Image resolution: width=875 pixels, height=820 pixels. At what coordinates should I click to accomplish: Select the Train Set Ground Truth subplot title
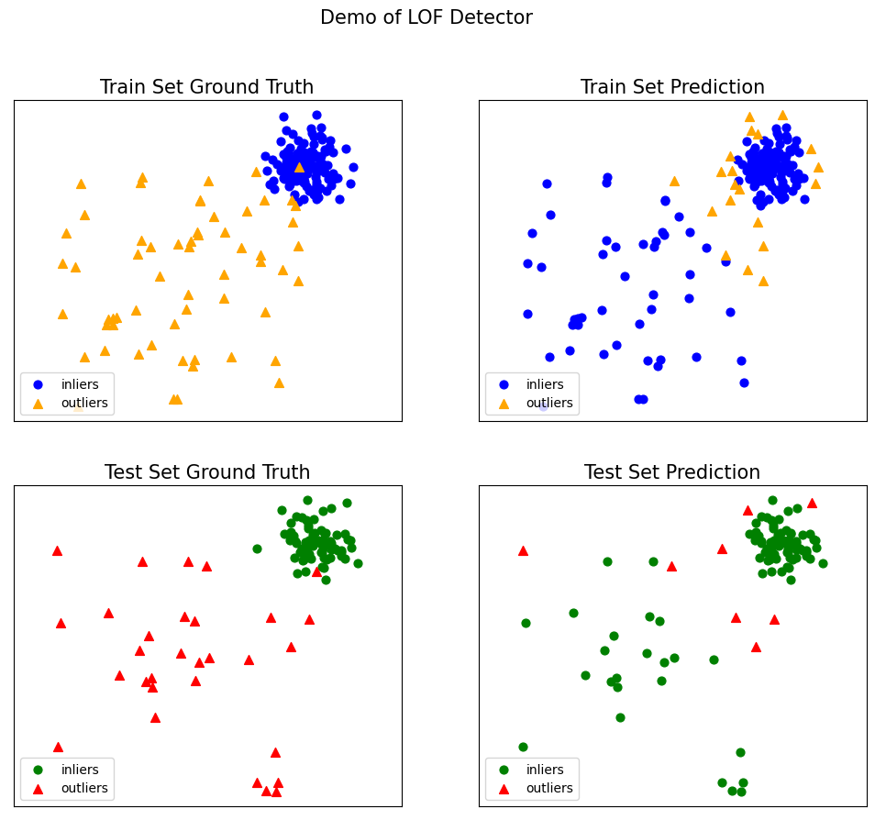(206, 87)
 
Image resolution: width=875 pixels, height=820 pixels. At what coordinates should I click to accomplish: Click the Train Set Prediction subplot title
(672, 87)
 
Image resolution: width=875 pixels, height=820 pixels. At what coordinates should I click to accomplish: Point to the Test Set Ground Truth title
(207, 472)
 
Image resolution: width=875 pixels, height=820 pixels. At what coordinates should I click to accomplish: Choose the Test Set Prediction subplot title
(672, 472)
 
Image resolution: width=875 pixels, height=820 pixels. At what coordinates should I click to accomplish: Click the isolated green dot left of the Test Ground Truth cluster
(257, 549)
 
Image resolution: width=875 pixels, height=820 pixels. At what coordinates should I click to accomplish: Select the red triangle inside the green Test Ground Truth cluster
(316, 571)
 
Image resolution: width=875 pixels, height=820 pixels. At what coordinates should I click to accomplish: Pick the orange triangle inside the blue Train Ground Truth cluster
(299, 167)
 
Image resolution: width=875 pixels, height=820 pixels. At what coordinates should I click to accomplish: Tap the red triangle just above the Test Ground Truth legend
(58, 747)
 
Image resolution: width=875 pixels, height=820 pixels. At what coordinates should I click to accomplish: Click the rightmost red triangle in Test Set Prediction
(812, 503)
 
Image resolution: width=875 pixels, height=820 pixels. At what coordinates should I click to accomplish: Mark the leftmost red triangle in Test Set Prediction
(523, 550)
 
